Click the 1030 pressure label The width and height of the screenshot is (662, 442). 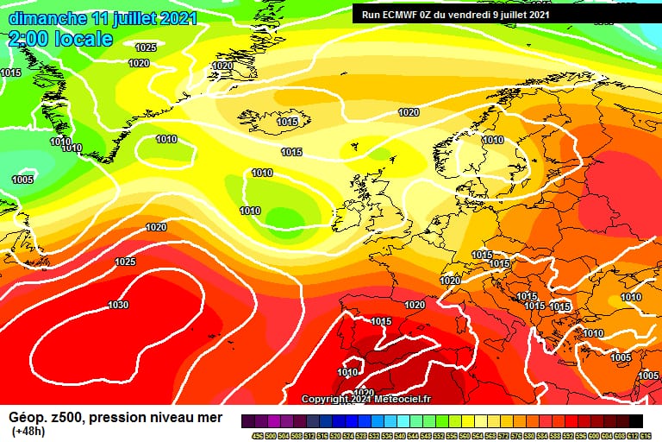[118, 305]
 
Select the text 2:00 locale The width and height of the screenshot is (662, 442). [60, 39]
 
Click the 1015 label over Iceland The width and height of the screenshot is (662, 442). [288, 122]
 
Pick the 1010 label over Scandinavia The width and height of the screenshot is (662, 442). [492, 140]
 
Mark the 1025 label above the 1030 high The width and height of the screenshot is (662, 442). [125, 261]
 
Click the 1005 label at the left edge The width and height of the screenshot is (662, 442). [22, 180]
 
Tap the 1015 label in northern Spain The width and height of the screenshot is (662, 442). [381, 321]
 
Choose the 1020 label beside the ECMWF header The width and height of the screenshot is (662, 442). [409, 113]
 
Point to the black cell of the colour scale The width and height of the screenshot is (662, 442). [636, 420]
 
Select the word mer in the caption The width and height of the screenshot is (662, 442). [210, 418]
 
